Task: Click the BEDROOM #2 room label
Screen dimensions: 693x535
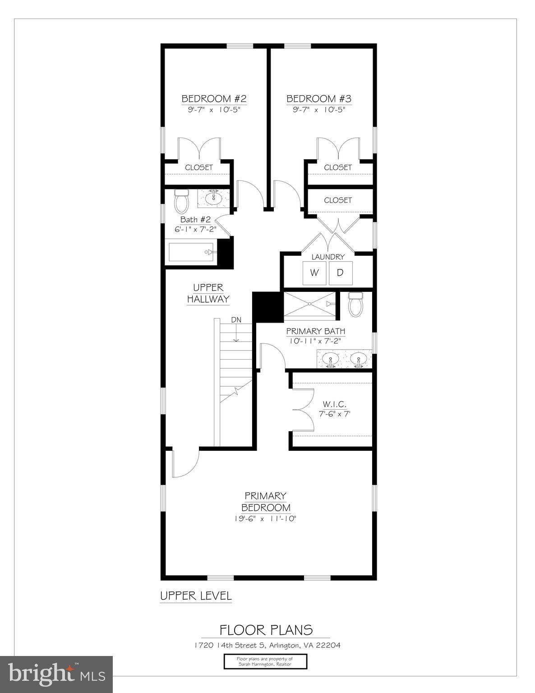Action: (x=214, y=99)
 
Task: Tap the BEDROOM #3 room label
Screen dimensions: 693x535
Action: (x=319, y=99)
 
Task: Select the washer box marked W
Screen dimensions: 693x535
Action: (x=314, y=273)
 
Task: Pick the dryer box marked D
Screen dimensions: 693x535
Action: (x=341, y=273)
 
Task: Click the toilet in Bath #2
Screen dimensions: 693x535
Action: (x=182, y=202)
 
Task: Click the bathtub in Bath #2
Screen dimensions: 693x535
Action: (x=191, y=252)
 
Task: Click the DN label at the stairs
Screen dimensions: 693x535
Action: (x=236, y=320)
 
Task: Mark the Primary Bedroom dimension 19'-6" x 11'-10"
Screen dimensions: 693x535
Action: (x=265, y=519)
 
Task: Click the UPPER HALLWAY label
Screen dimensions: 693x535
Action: (x=208, y=293)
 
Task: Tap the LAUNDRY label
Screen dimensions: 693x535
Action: (x=328, y=257)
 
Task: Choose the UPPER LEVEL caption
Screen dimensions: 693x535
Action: (x=196, y=596)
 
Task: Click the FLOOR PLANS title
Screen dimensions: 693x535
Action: (x=266, y=630)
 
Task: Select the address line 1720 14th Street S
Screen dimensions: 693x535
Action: (x=265, y=645)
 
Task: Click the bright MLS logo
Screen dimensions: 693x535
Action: (x=56, y=674)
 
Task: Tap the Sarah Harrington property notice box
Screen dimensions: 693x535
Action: (x=265, y=661)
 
